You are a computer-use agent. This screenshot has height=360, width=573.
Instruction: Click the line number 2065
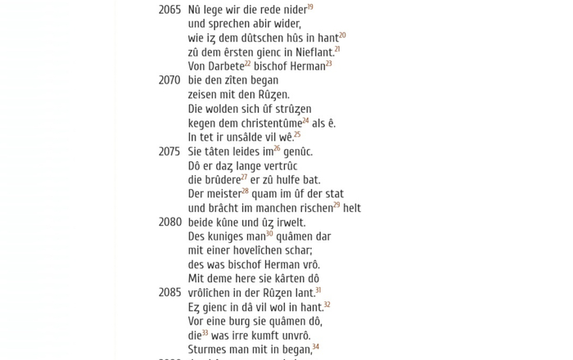169,11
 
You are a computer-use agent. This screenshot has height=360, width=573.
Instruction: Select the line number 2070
169,81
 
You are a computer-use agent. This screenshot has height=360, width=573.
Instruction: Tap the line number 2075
169,152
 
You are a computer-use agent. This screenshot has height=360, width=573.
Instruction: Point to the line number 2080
169,223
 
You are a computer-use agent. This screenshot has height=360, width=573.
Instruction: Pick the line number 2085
169,293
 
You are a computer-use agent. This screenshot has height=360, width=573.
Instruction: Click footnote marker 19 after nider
310,7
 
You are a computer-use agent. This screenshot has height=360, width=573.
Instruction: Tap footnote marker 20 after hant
342,35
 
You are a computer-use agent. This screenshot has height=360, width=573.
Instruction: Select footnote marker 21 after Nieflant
336,50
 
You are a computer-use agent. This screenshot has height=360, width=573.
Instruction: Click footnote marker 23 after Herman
329,64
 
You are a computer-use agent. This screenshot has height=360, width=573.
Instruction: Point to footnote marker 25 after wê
297,135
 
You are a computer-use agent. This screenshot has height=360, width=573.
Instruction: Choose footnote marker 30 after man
269,234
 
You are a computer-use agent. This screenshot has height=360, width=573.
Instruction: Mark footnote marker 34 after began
316,347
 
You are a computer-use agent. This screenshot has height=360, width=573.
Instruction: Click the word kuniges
226,237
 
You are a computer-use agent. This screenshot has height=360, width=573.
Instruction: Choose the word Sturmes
207,350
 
